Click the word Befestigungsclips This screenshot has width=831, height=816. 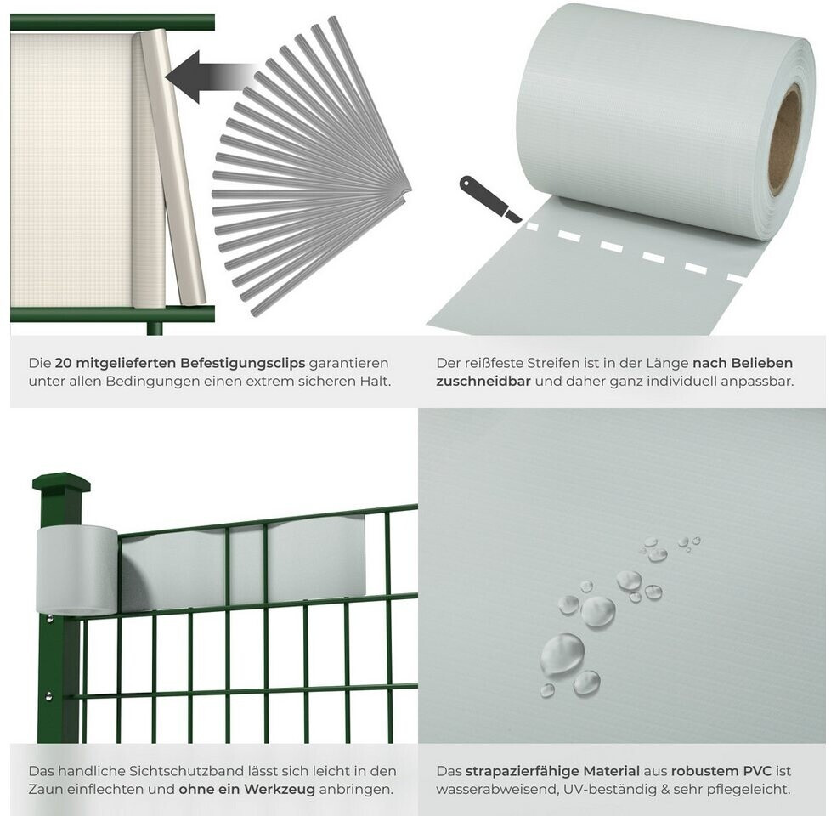243,363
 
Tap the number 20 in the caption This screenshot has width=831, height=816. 63,363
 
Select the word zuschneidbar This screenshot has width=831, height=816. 483,381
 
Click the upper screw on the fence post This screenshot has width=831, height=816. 49,619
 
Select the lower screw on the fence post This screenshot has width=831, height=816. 49,695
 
